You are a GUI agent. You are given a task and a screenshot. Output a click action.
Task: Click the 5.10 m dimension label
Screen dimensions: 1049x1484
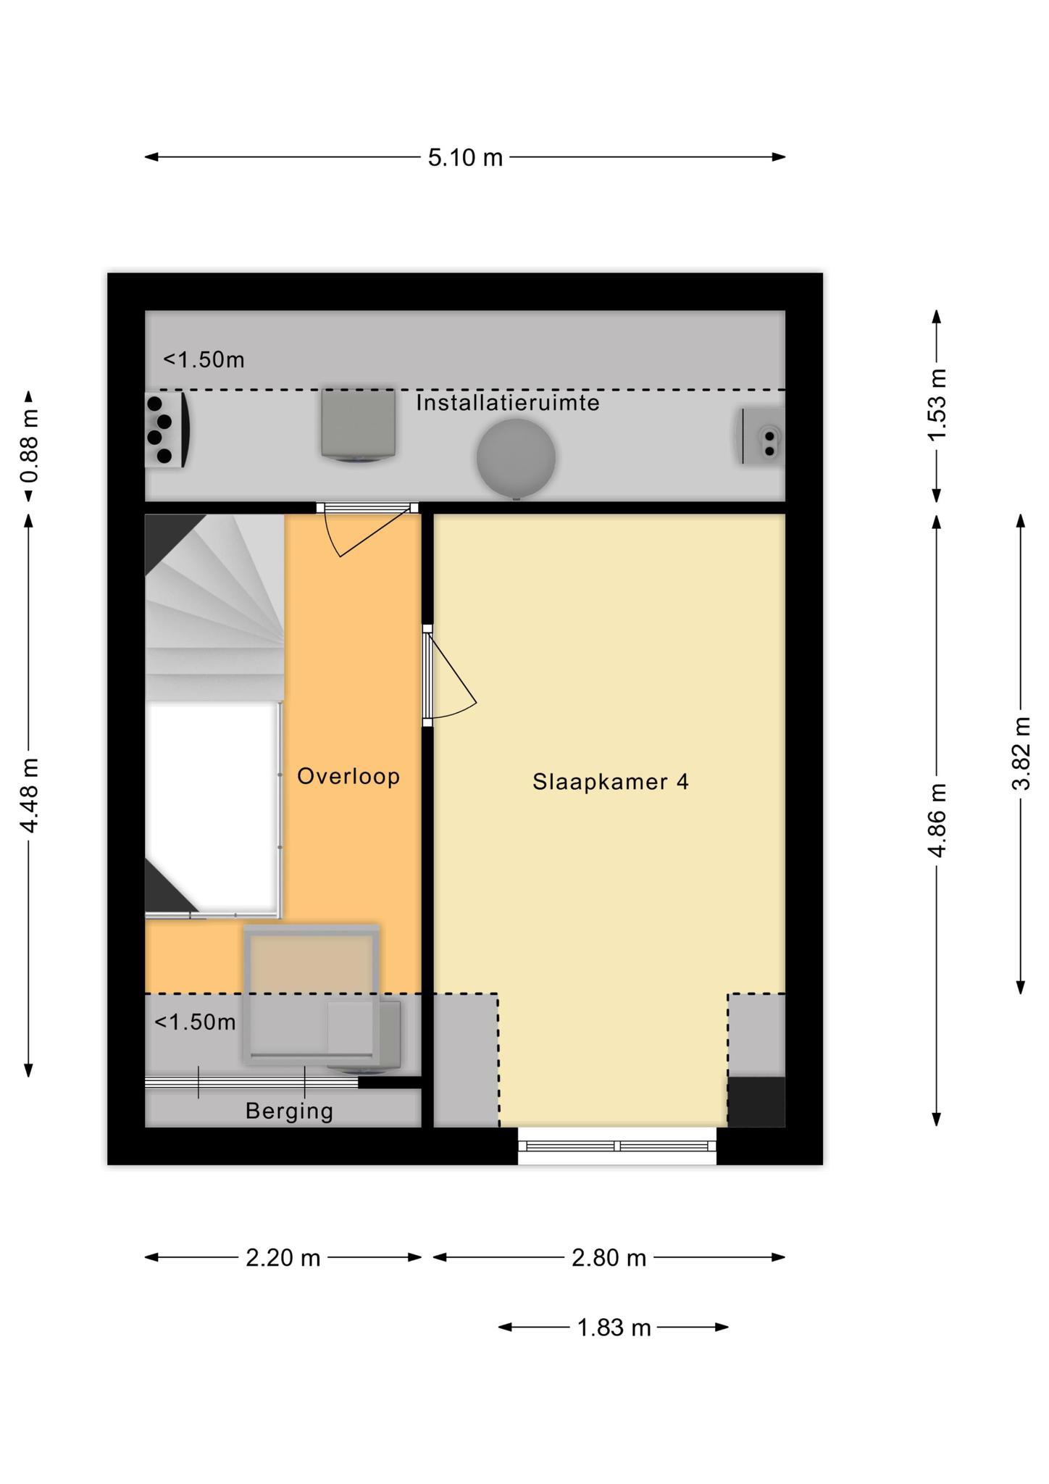coord(465,157)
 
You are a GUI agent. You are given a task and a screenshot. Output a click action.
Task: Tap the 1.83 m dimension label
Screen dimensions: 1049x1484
coord(614,1327)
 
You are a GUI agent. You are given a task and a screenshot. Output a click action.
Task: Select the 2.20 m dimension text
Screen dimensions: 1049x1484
coord(283,1257)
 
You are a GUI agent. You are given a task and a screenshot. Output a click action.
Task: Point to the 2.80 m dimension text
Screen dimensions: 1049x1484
coord(609,1257)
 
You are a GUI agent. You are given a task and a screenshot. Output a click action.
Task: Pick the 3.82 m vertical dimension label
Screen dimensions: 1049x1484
coord(1021,753)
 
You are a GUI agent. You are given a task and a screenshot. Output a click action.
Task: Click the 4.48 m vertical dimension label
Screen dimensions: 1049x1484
coord(30,796)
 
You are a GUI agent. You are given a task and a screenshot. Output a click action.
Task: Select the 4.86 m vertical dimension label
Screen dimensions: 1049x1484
coord(937,820)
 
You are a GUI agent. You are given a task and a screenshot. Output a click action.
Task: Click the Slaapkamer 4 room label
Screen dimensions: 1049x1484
coord(610,782)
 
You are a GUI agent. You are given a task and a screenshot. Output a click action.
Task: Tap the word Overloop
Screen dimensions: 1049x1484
coord(348,776)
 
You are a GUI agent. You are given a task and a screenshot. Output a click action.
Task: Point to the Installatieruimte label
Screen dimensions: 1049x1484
coord(508,403)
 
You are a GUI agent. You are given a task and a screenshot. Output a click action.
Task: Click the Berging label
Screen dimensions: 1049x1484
coord(289,1111)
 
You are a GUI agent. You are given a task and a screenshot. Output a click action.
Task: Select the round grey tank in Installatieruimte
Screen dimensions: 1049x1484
coord(516,457)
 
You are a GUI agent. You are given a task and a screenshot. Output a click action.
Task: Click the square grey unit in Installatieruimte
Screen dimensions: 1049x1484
coord(359,425)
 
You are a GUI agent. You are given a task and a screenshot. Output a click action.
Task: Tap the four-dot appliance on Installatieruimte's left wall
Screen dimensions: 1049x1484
coord(167,430)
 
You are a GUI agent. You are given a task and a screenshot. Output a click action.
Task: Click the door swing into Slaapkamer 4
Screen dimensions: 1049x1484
coord(450,678)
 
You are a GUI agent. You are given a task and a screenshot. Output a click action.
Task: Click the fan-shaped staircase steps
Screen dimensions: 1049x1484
coord(214,607)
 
